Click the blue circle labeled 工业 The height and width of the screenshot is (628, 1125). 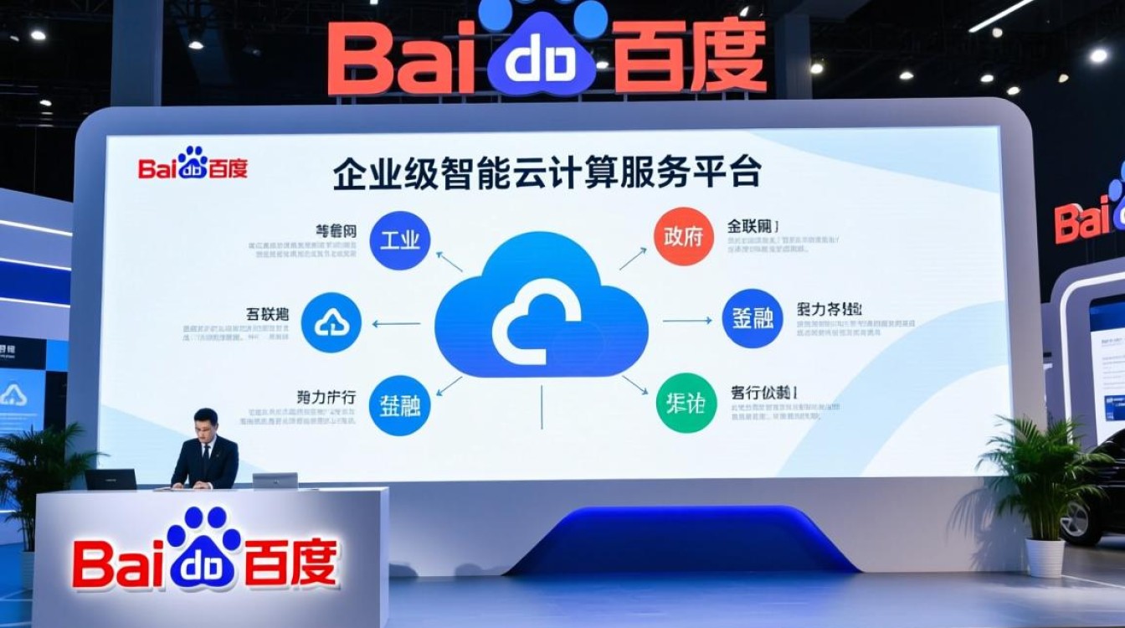(x=399, y=239)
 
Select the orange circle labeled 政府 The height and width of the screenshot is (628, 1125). (x=683, y=236)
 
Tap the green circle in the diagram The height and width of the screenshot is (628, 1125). (x=686, y=404)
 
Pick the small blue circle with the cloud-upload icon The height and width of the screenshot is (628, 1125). (x=331, y=322)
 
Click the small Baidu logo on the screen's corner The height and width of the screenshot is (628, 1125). (x=193, y=164)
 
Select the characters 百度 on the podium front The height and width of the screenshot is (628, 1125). (x=289, y=563)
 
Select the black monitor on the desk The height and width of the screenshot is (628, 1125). (x=110, y=479)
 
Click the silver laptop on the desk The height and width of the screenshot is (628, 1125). (x=275, y=481)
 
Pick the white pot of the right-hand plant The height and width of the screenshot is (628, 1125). (x=1045, y=557)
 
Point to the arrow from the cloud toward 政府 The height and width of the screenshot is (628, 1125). (x=632, y=260)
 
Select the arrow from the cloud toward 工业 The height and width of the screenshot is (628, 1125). (x=449, y=261)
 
